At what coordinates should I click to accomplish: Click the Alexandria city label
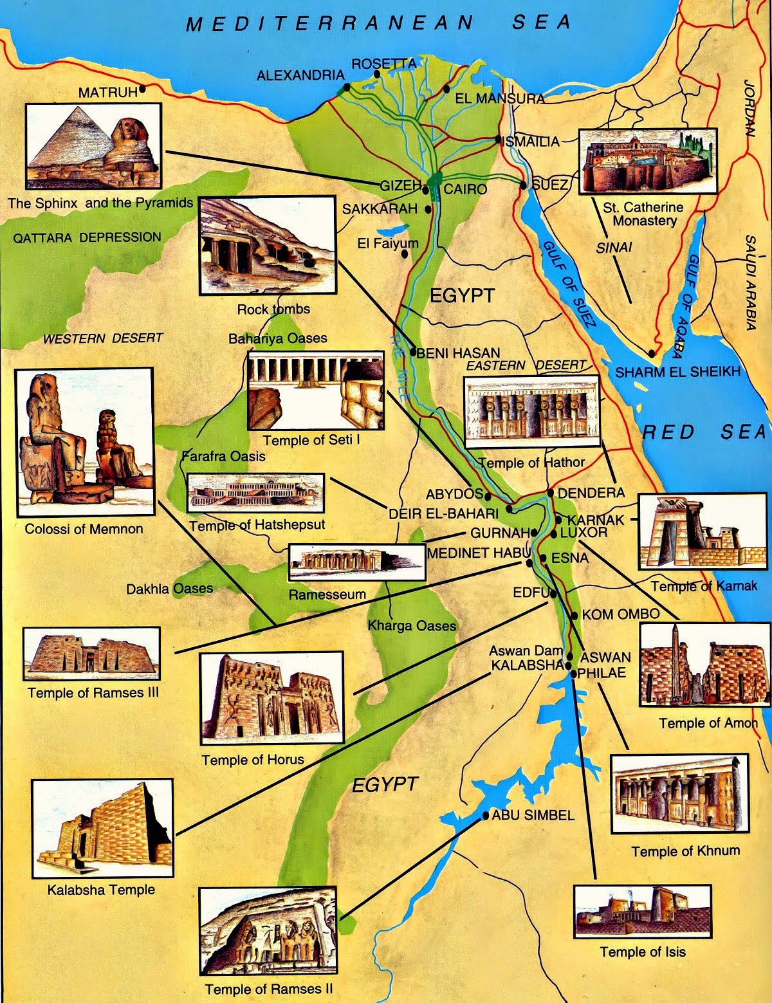300,76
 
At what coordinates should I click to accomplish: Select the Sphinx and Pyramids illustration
94,147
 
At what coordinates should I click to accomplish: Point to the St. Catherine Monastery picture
647,161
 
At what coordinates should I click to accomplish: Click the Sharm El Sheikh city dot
652,353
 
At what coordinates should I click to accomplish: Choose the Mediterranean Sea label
378,23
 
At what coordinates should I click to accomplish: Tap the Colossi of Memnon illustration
84,442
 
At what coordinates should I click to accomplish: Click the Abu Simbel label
533,815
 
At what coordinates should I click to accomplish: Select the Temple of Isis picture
642,911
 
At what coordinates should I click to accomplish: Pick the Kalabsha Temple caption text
101,890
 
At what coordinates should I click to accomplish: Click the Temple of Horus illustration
271,698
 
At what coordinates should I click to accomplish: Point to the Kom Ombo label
620,614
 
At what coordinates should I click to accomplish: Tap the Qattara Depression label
87,237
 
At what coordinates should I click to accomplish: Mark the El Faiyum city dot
405,254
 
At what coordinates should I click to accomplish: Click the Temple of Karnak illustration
703,531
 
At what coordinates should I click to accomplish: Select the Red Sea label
704,432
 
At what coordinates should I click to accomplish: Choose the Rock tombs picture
268,245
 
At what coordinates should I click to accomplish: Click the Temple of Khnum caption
685,851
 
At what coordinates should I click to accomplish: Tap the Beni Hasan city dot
414,353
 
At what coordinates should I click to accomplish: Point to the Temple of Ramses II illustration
268,933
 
